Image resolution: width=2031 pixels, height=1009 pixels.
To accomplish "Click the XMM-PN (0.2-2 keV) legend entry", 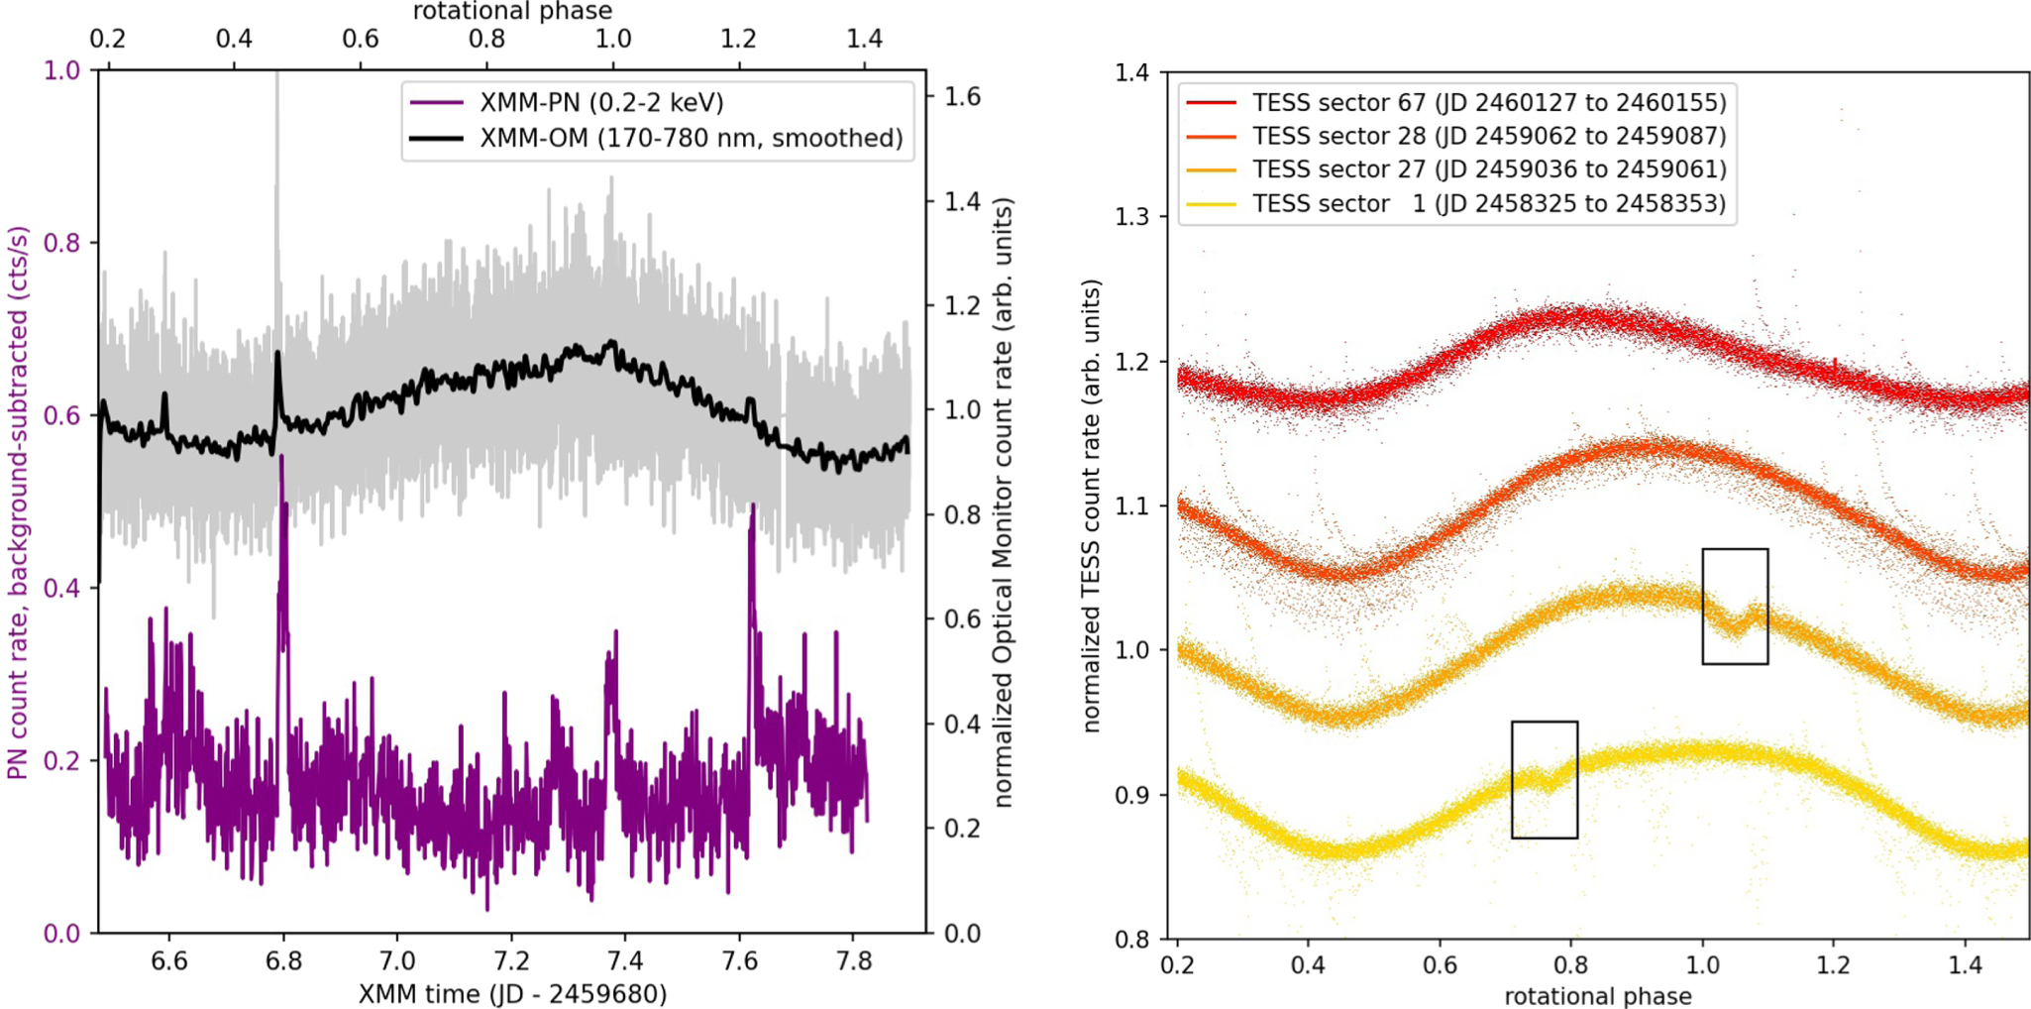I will coord(600,102).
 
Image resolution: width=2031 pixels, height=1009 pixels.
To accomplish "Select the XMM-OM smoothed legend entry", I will coord(691,137).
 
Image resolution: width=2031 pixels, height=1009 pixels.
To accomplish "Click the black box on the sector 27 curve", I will coord(1735,606).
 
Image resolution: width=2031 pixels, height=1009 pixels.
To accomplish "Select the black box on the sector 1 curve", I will coord(1544,779).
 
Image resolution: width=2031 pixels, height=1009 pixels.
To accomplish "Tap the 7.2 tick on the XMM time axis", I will coord(511,960).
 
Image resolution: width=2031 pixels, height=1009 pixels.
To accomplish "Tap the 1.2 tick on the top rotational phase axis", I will coord(738,39).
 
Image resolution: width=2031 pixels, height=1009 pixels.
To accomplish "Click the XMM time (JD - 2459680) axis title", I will coord(512,993).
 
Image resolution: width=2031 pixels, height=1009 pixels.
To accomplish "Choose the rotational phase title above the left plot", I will coord(512,11).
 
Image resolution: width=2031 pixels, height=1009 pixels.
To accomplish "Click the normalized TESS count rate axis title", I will coord(1091,505).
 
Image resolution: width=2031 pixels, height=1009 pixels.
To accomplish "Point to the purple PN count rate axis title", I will coord(18,503).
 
